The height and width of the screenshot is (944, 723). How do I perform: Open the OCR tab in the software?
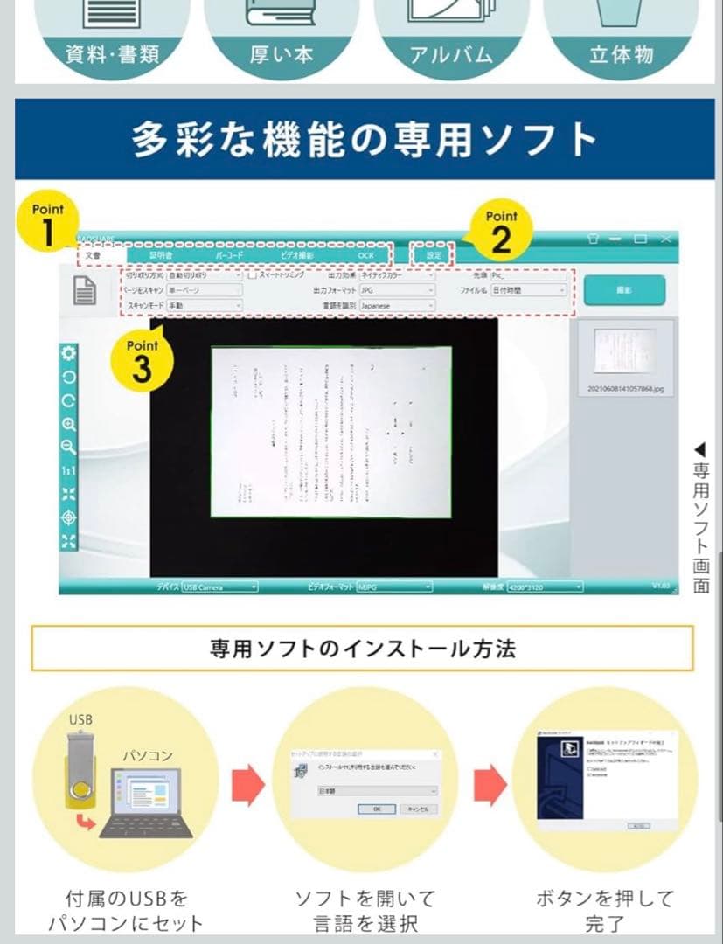365,255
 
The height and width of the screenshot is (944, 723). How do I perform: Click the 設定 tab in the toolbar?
434,255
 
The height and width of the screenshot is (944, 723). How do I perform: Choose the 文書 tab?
93,255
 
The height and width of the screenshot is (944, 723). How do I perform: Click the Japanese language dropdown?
397,306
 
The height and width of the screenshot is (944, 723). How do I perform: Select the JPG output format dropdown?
397,290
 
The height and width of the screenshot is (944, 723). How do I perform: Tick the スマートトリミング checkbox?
251,275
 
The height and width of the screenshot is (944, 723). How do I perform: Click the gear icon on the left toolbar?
68,354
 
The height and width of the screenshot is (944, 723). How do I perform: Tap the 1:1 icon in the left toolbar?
68,471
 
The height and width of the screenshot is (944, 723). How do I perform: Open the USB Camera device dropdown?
219,587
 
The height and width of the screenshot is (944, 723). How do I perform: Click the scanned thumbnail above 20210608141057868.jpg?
624,352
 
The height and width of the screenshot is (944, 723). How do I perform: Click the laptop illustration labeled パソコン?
146,804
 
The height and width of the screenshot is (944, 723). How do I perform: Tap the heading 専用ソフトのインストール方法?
362,649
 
